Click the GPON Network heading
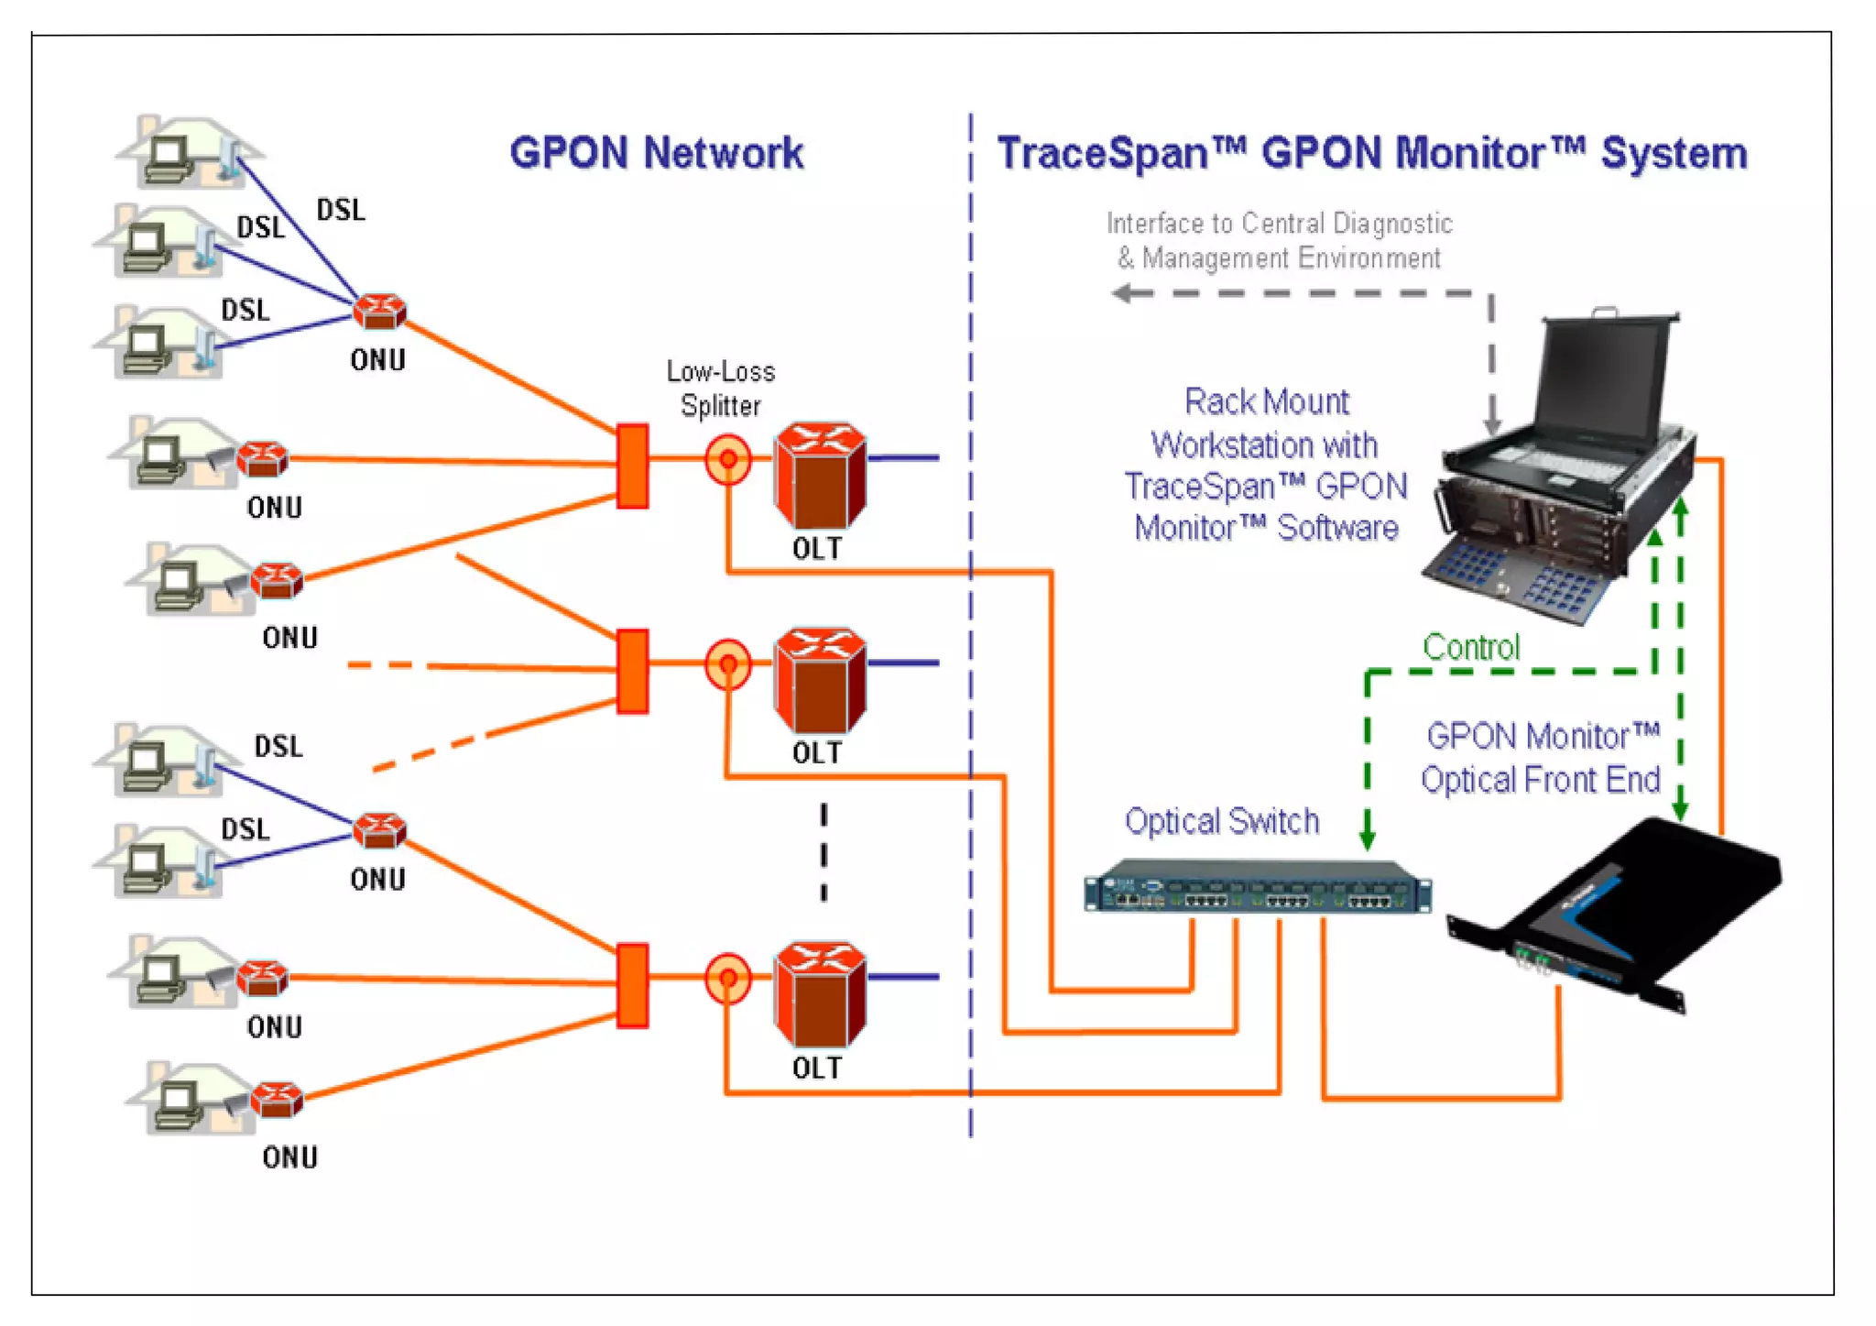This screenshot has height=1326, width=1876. click(x=656, y=153)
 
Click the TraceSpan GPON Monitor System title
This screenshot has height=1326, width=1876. click(x=1371, y=153)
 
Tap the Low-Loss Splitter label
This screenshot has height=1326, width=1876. click(x=721, y=389)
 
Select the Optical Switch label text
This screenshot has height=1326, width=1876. click(x=1222, y=821)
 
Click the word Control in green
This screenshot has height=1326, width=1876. click(x=1470, y=648)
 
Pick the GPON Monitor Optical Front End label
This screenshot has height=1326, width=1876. click(x=1541, y=758)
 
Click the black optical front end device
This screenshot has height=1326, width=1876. click(x=1621, y=916)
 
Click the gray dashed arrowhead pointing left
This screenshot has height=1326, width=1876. click(x=1120, y=293)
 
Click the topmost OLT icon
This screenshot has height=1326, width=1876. click(x=820, y=474)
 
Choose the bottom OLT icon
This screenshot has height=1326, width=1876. click(x=820, y=993)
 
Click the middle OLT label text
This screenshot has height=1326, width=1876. click(x=817, y=753)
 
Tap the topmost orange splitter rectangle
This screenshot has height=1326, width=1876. click(x=632, y=466)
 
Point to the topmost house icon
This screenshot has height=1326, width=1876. click(x=188, y=151)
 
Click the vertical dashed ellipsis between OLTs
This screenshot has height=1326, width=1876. click(x=823, y=852)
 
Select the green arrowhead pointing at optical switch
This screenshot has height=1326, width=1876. click(x=1367, y=838)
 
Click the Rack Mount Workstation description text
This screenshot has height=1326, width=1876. click(x=1266, y=466)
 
